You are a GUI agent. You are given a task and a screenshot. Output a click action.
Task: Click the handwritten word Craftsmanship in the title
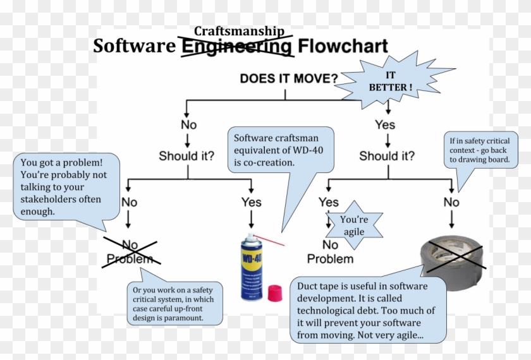239,31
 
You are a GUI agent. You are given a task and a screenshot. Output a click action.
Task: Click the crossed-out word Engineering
236,47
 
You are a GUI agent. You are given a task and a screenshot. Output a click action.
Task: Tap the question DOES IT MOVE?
288,78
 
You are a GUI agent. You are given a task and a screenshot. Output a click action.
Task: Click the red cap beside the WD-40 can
274,293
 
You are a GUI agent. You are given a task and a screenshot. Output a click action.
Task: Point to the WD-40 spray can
250,265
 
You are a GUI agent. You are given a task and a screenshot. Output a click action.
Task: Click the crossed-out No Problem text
130,251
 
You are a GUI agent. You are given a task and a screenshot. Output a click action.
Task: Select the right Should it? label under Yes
387,155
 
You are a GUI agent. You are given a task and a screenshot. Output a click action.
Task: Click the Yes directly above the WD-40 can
251,202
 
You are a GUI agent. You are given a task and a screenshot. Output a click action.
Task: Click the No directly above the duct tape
451,202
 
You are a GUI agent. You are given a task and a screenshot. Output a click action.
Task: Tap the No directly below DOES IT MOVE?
188,124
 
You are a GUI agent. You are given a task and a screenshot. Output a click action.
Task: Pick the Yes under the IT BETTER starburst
384,124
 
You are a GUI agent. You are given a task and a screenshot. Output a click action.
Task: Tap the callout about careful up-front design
174,304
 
